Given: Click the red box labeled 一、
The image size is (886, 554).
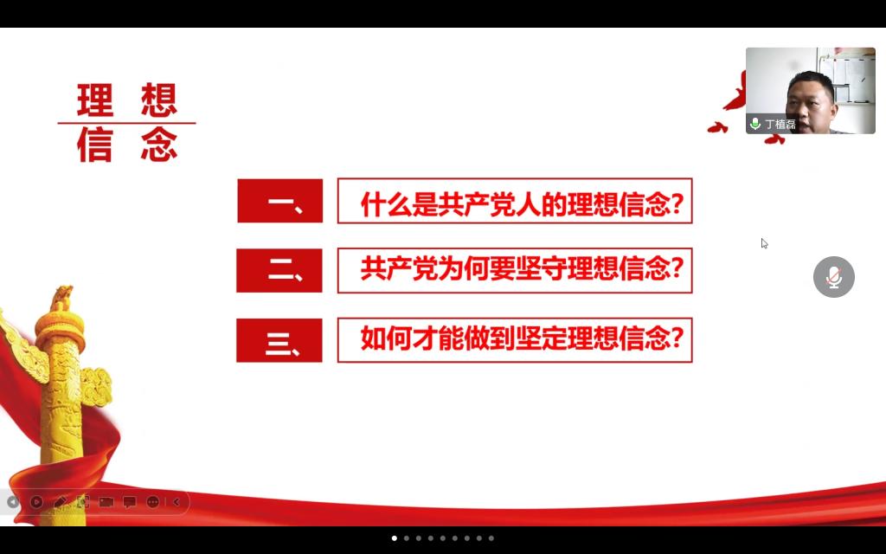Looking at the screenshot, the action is click(x=280, y=201).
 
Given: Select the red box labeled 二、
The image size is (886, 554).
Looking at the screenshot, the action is click(x=279, y=271).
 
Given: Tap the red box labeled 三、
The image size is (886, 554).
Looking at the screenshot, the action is click(x=279, y=340).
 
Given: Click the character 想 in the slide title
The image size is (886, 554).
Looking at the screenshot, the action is click(x=159, y=100).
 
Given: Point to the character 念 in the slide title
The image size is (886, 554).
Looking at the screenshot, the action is click(x=159, y=145).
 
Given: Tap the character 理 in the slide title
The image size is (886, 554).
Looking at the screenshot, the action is click(x=95, y=100).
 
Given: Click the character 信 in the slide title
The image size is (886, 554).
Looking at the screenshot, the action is click(x=95, y=145).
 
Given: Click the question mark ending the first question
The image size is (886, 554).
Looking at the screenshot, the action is click(x=677, y=204).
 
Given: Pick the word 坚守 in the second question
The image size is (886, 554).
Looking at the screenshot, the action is click(x=541, y=268).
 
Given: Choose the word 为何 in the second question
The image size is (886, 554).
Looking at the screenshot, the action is click(x=464, y=268).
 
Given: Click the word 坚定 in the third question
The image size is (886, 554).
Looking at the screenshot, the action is click(x=541, y=338).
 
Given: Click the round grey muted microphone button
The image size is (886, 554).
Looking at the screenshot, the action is click(x=834, y=277).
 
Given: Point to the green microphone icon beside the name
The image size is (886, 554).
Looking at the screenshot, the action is click(x=754, y=123).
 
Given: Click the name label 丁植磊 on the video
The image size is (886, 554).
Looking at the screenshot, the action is click(x=780, y=124).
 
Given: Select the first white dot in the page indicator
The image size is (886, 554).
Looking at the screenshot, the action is click(x=395, y=538).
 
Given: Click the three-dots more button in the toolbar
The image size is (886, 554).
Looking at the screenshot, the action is click(x=152, y=501).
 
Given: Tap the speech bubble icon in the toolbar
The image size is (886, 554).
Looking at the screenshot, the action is click(x=130, y=501).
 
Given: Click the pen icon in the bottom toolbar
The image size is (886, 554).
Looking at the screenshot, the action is click(x=60, y=501).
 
